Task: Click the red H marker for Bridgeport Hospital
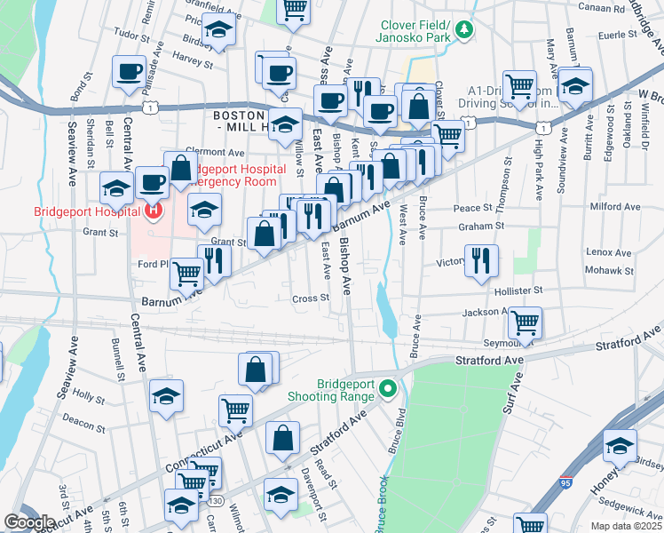click(152, 211)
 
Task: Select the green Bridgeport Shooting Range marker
click(387, 388)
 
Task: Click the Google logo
click(28, 522)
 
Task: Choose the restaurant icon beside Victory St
click(481, 259)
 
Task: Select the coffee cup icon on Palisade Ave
click(129, 71)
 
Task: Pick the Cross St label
click(311, 298)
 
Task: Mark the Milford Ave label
click(614, 207)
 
